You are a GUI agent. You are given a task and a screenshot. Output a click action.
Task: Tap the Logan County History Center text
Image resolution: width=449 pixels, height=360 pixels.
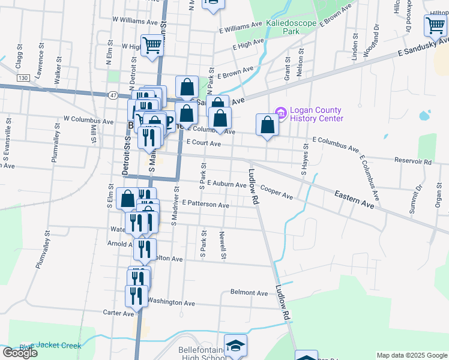316,114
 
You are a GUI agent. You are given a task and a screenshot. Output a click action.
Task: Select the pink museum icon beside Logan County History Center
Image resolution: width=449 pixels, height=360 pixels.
280,112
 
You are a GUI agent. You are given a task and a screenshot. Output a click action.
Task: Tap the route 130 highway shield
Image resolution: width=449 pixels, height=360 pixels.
23,78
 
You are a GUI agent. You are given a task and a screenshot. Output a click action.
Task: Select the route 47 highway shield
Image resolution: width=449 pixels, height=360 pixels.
113,95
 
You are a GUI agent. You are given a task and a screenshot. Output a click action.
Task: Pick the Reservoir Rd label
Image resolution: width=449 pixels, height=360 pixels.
413,162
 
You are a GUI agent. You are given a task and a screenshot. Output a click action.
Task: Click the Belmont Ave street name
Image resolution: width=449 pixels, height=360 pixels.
249,293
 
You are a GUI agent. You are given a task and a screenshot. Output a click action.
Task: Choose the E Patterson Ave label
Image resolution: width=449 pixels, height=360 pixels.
205,205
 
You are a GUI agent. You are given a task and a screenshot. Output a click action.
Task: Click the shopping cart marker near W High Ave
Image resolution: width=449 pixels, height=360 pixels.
152,45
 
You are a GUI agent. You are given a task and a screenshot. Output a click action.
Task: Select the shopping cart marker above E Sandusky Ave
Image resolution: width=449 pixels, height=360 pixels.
435,26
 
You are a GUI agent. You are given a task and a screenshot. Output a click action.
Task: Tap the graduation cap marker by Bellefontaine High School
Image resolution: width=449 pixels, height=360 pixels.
235,345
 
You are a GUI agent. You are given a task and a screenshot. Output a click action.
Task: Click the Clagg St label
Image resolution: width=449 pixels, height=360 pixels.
19,55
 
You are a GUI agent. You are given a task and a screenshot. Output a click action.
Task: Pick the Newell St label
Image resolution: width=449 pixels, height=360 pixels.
223,246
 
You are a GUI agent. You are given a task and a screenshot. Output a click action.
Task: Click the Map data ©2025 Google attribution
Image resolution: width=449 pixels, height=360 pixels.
412,355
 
